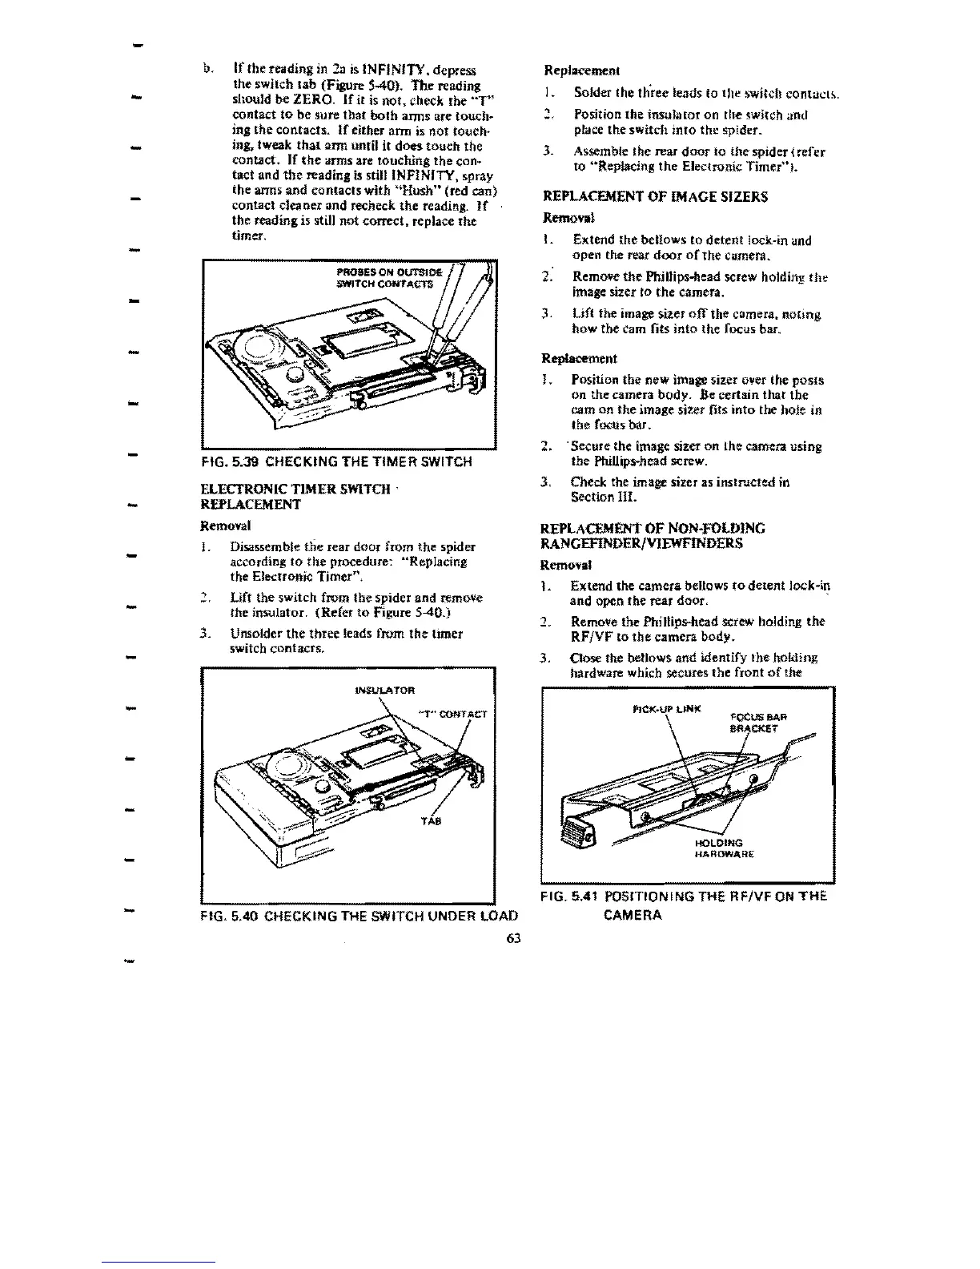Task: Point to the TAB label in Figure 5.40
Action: (x=426, y=822)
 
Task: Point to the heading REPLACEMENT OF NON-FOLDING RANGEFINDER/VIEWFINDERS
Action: (x=654, y=536)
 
